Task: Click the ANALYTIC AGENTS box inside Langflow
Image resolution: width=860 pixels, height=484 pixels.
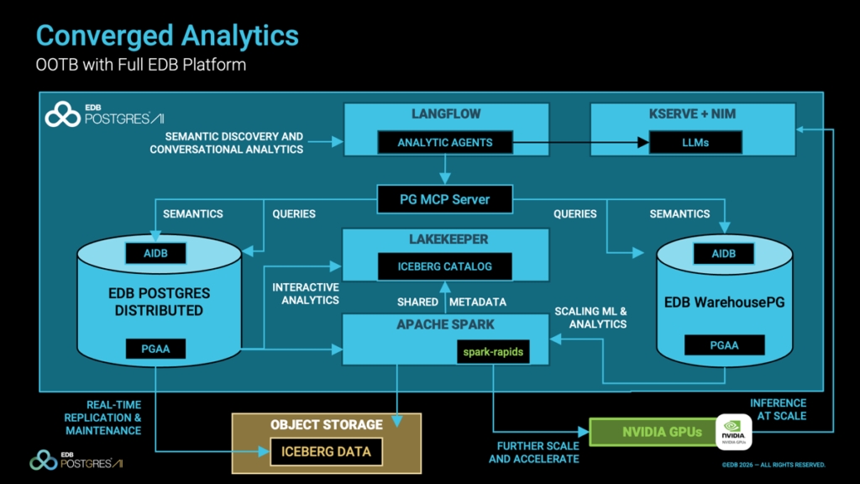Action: (x=444, y=143)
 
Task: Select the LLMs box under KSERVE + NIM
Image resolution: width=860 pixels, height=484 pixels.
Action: (x=696, y=143)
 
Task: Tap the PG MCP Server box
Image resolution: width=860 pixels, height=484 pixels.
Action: (x=444, y=199)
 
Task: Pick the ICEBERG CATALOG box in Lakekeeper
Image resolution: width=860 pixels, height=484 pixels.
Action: (x=444, y=267)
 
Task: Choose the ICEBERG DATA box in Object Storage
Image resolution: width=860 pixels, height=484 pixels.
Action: (x=326, y=452)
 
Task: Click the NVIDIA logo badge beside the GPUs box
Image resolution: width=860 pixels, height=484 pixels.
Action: (x=732, y=433)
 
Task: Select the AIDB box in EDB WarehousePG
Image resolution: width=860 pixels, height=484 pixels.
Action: (x=723, y=253)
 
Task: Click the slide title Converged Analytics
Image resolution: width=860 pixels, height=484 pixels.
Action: (x=167, y=35)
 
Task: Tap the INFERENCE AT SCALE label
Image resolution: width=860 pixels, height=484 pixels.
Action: (x=779, y=409)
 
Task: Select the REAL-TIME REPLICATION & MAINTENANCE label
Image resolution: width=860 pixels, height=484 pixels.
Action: (x=103, y=418)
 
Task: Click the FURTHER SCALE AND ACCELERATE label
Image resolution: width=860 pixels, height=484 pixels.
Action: (x=534, y=452)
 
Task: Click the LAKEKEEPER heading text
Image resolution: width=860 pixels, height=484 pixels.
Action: (x=444, y=239)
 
